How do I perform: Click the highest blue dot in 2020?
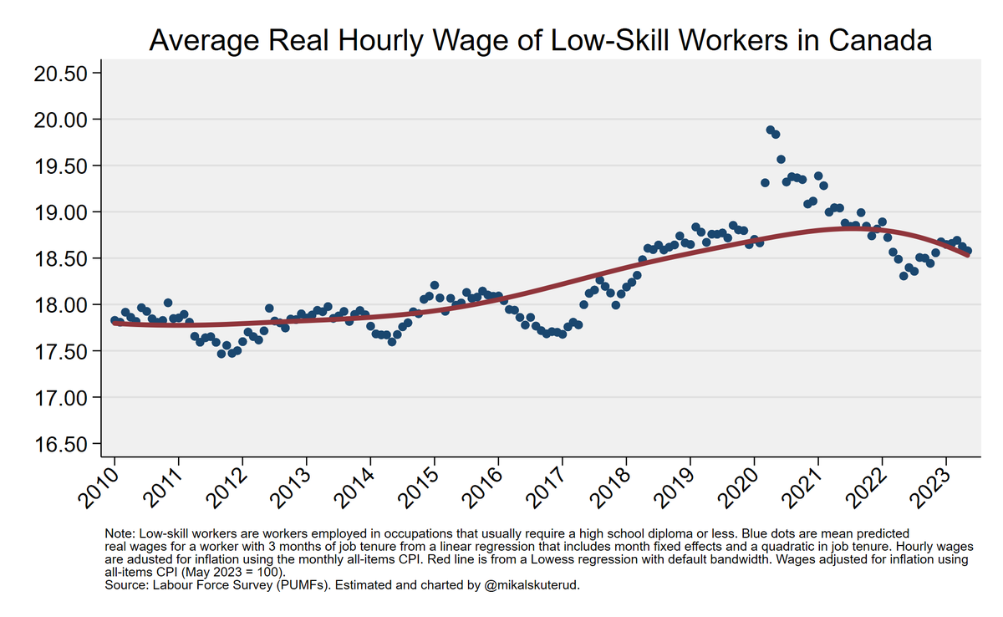pyautogui.click(x=770, y=130)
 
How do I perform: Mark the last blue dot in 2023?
pyautogui.click(x=968, y=251)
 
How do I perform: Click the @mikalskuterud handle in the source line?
pyautogui.click(x=532, y=585)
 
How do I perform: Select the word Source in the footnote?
pyautogui.click(x=125, y=585)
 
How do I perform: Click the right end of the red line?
pyautogui.click(x=968, y=255)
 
